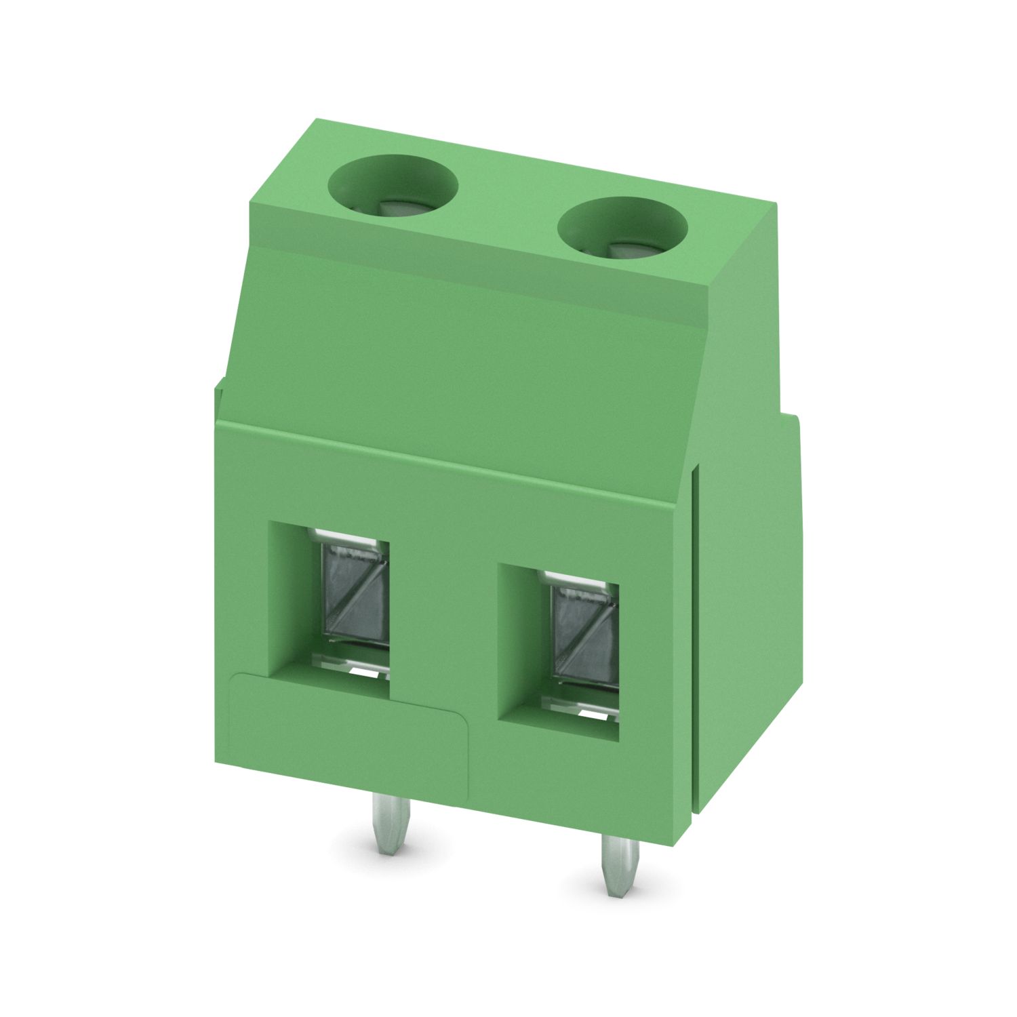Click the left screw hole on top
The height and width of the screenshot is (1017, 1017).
click(393, 184)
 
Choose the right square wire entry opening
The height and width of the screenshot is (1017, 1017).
click(559, 651)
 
